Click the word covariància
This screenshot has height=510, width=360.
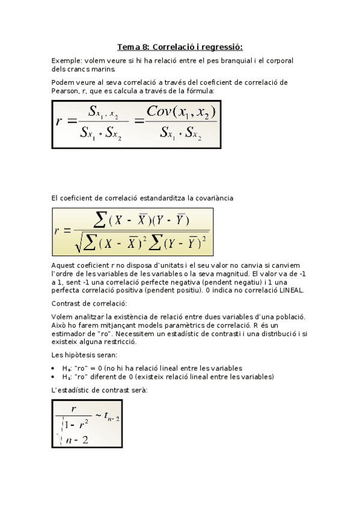coord(212,197)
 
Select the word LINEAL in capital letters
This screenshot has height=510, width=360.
coord(291,290)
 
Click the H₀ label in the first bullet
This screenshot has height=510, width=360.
coord(67,368)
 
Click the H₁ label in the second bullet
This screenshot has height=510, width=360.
coord(67,377)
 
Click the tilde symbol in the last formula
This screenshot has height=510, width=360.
coord(99,413)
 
